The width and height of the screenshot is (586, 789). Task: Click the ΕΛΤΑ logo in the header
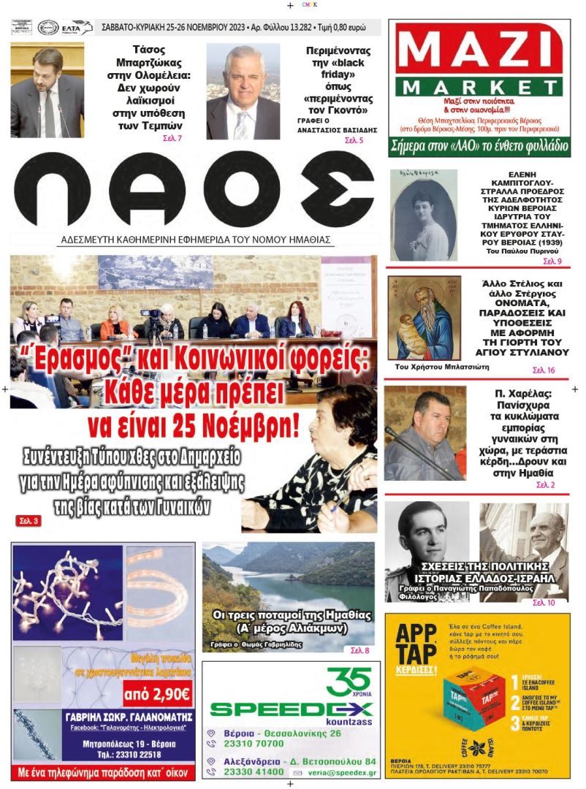pyautogui.click(x=77, y=28)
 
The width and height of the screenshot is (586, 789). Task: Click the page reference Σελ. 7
pyautogui.click(x=174, y=138)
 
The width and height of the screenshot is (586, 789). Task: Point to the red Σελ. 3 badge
pyautogui.click(x=28, y=521)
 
